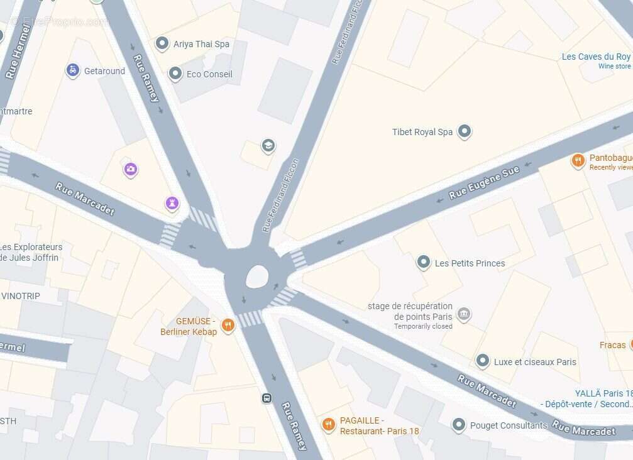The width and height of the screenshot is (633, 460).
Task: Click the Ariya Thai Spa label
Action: tap(202, 44)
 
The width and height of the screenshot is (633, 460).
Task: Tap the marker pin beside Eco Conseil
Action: tap(175, 74)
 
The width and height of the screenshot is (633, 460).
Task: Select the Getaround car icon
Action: tap(73, 70)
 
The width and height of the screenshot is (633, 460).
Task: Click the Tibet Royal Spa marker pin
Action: tap(465, 131)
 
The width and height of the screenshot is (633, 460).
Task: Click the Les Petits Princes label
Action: tap(470, 263)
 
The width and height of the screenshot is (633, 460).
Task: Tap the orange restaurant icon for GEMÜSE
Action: tap(228, 326)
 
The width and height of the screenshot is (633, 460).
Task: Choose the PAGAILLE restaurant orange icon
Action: tap(328, 425)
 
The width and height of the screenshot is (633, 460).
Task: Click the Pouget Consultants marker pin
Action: tap(459, 425)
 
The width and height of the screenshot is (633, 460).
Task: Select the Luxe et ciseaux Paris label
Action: tap(535, 361)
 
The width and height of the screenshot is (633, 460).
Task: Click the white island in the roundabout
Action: tap(257, 276)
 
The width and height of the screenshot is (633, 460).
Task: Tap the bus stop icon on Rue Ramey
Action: tap(267, 398)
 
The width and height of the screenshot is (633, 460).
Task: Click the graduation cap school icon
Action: tap(268, 146)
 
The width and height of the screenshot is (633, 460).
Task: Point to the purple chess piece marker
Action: tap(172, 203)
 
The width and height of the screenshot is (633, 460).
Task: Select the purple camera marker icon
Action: tap(131, 168)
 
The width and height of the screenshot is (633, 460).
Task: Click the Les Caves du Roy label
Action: tap(596, 57)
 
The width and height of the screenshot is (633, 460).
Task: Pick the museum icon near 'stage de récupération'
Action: tap(463, 314)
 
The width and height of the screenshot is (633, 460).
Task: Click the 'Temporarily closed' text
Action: tap(423, 326)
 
